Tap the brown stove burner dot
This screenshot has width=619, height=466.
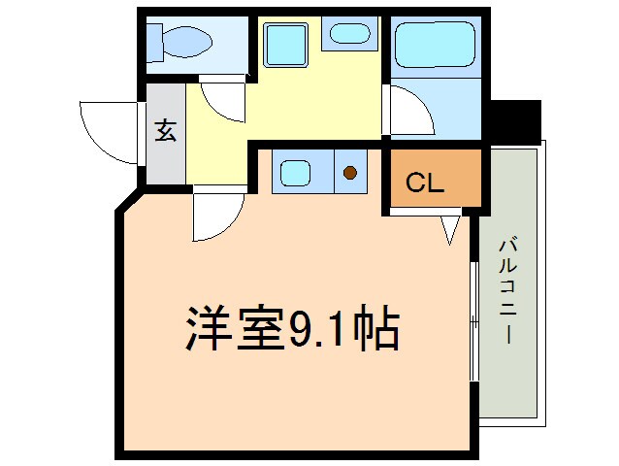(x=349, y=174)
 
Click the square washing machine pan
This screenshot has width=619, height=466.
(x=285, y=44)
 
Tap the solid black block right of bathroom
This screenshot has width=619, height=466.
(x=514, y=120)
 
